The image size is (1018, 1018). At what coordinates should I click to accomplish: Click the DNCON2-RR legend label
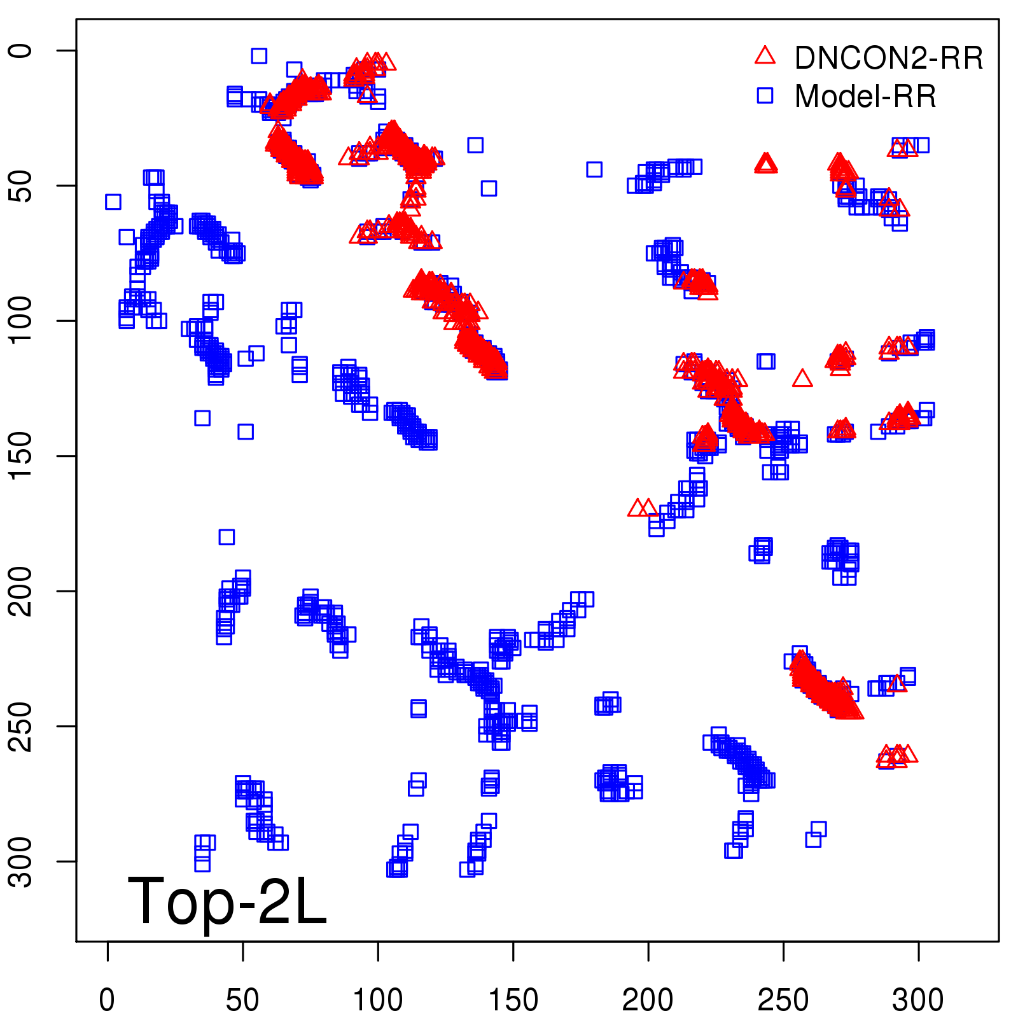(x=888, y=59)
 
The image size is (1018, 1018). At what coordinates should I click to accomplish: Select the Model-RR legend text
(x=865, y=97)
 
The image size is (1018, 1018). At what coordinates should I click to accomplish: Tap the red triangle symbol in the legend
(x=765, y=56)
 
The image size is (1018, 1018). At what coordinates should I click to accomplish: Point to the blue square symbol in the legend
(x=765, y=95)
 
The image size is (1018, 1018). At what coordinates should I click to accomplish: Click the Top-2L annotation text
(x=227, y=901)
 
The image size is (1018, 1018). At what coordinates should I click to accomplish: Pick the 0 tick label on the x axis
(x=108, y=1000)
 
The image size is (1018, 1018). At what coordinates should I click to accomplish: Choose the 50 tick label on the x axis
(x=242, y=1000)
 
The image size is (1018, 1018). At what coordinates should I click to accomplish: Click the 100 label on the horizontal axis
(x=378, y=1000)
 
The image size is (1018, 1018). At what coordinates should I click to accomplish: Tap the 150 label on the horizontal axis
(x=513, y=1000)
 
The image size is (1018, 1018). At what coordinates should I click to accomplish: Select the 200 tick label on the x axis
(x=648, y=1000)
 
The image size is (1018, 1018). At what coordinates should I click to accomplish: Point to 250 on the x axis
(x=783, y=1000)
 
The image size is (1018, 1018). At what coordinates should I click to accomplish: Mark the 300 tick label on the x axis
(x=918, y=1000)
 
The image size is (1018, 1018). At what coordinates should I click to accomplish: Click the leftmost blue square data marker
(x=113, y=202)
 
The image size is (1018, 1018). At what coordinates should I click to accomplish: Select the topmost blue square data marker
(x=258, y=56)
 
